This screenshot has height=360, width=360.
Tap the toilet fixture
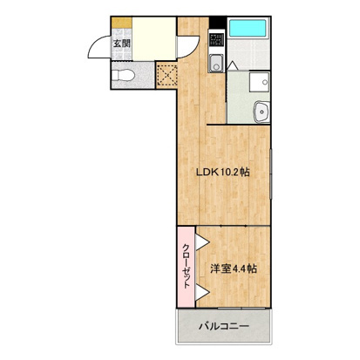point(125,76)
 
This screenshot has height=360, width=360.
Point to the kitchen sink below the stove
point(214,63)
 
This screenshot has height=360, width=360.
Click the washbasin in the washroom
point(259,110)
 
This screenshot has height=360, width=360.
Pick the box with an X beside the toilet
point(166,76)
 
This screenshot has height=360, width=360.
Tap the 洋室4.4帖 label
point(233,268)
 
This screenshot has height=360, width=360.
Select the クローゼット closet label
point(187,268)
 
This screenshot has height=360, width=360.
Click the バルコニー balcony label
point(222,328)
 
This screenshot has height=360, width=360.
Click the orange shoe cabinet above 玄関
point(122,20)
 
